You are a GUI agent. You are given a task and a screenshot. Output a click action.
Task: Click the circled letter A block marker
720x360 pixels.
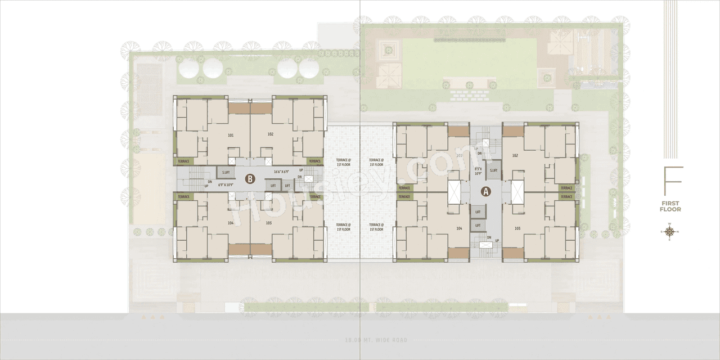pyautogui.click(x=485, y=191)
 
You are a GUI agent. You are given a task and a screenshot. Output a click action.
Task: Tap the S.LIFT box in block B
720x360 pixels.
pyautogui.click(x=226, y=172)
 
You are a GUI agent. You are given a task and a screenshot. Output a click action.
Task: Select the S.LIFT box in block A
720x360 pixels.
pyautogui.click(x=493, y=170)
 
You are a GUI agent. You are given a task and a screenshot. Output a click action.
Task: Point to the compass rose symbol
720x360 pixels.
pyautogui.click(x=669, y=232)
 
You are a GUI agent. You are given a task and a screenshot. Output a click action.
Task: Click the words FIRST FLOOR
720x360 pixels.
pyautogui.click(x=670, y=206)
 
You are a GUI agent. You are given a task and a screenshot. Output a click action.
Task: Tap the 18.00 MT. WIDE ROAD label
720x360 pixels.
pyautogui.click(x=376, y=340)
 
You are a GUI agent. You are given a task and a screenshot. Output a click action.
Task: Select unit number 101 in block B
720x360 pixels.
pyautogui.click(x=231, y=135)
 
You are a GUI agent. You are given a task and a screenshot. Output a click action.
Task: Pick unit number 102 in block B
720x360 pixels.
pyautogui.click(x=271, y=134)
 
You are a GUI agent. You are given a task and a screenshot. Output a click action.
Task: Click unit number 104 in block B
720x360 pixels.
pyautogui.click(x=231, y=223)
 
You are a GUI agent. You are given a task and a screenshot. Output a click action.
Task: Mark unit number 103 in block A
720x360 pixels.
pyautogui.click(x=517, y=228)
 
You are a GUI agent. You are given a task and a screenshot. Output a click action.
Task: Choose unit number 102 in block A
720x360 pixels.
pyautogui.click(x=515, y=155)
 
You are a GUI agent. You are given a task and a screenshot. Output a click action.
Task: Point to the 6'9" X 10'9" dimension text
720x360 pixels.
pyautogui.click(x=219, y=184)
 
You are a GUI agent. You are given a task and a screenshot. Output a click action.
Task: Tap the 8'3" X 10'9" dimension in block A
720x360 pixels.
pyautogui.click(x=479, y=171)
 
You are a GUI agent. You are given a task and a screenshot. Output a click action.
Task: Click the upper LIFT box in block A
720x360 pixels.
pyautogui.click(x=478, y=212)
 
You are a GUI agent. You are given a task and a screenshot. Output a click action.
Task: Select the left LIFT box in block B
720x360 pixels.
pyautogui.click(x=273, y=185)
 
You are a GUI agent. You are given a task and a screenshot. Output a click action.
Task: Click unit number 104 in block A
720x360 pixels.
pyautogui.click(x=460, y=228)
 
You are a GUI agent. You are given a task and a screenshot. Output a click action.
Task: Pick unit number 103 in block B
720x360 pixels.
pyautogui.click(x=268, y=223)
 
